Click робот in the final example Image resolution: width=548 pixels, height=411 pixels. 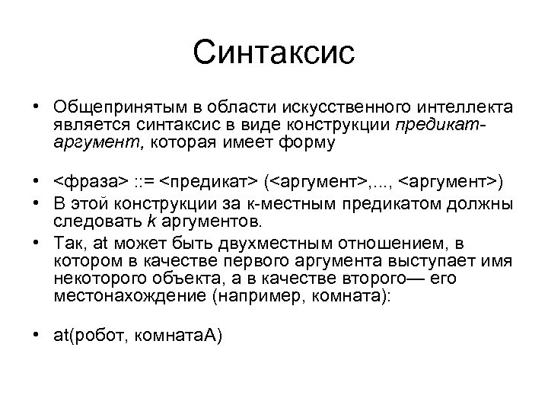100,337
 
